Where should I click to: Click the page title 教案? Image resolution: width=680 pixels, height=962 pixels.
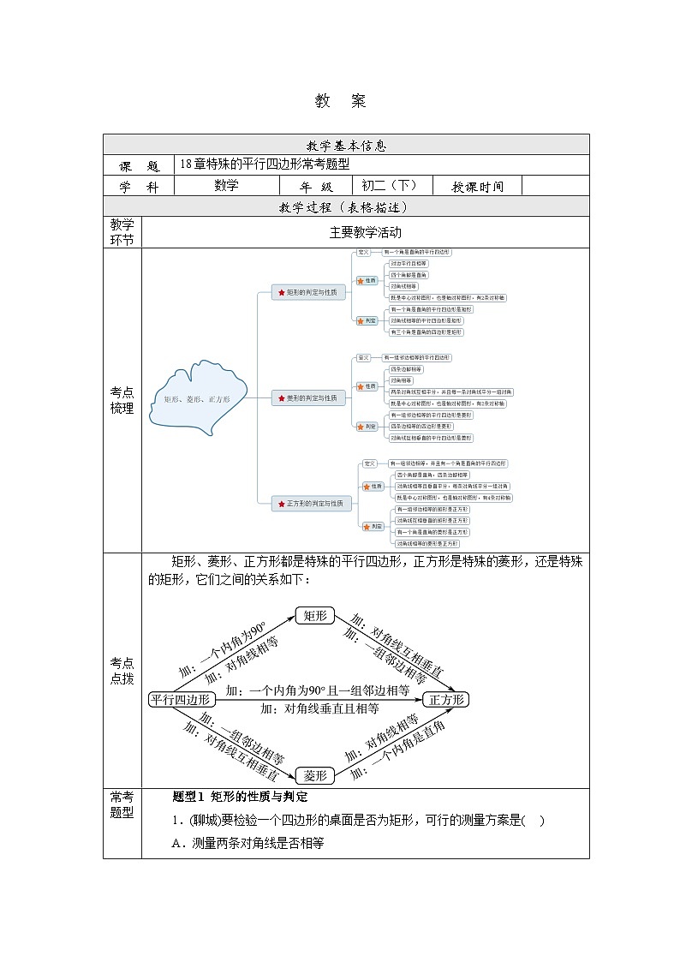[x=340, y=101]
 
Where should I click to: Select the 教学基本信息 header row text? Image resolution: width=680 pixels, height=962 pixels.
[x=346, y=145]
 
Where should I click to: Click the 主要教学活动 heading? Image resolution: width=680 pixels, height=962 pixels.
[x=365, y=232]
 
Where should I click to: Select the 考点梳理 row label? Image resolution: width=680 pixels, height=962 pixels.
[x=122, y=400]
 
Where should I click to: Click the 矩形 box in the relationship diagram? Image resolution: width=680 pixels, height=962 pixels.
[x=314, y=616]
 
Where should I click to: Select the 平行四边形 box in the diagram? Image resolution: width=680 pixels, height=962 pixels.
[x=179, y=699]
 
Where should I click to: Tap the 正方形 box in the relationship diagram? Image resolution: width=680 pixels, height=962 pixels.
[x=448, y=699]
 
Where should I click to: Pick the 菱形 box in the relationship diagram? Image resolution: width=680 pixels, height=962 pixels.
[x=314, y=775]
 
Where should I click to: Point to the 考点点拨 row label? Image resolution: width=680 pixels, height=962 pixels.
[x=122, y=671]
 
